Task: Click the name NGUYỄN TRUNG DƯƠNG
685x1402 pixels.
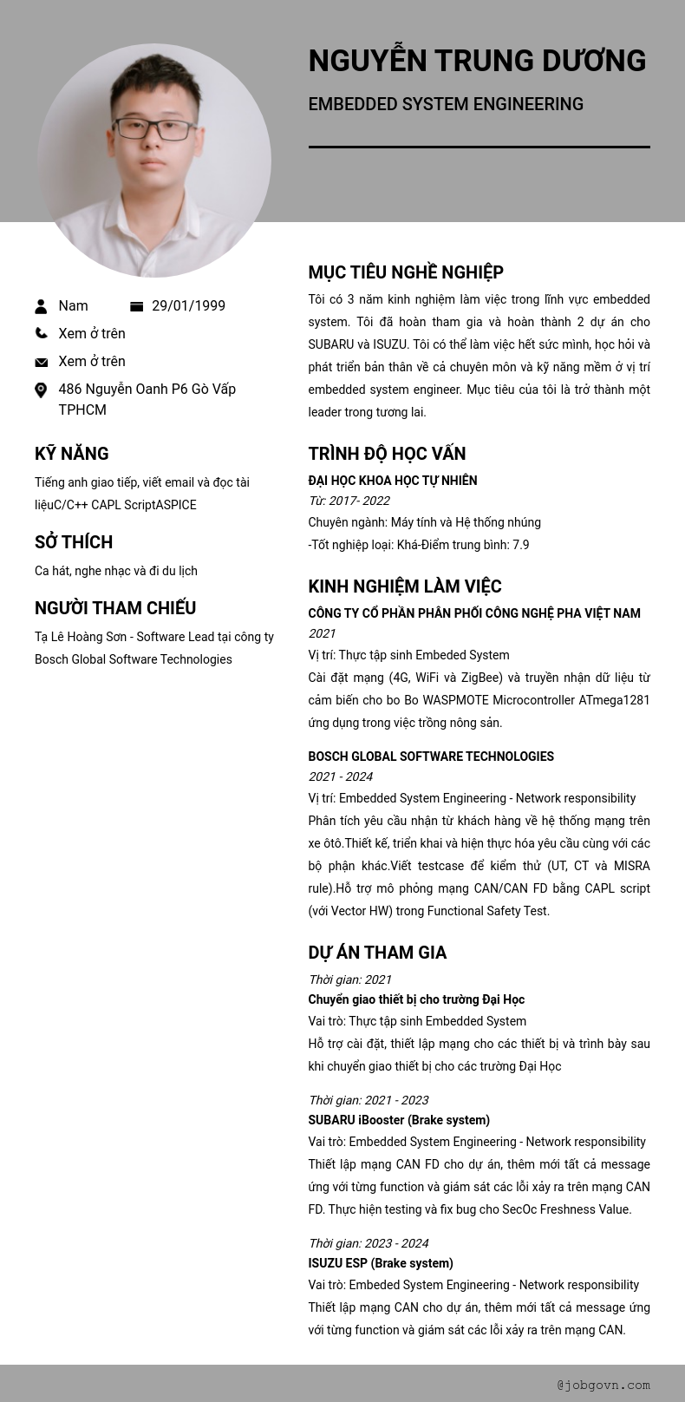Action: tap(477, 61)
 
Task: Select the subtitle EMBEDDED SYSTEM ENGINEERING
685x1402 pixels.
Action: tap(446, 104)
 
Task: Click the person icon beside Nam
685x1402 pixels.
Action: tap(41, 306)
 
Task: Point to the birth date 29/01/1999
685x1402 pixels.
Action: tap(188, 306)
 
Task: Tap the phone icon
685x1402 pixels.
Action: tap(41, 333)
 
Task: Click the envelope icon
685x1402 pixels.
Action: tap(41, 362)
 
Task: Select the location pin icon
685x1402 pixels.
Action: tap(41, 390)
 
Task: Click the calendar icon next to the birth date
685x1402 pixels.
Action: tap(136, 306)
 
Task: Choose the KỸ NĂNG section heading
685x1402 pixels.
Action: tap(72, 454)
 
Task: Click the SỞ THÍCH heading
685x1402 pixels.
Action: tap(74, 542)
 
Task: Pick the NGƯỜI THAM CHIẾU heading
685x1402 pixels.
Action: tap(115, 608)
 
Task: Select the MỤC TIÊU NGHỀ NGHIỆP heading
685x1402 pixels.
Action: tap(406, 272)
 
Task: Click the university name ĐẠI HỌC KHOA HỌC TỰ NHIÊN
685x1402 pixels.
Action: tap(393, 481)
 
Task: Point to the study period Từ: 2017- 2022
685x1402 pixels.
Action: tap(349, 501)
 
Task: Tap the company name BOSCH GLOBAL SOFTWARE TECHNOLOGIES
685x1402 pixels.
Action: tap(431, 757)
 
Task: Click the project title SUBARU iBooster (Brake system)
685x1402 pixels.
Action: tap(399, 1120)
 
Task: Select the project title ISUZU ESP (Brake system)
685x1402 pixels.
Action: tap(381, 1263)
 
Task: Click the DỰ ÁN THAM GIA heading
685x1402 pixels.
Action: tap(377, 953)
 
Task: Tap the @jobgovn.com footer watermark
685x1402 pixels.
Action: tap(603, 1386)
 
